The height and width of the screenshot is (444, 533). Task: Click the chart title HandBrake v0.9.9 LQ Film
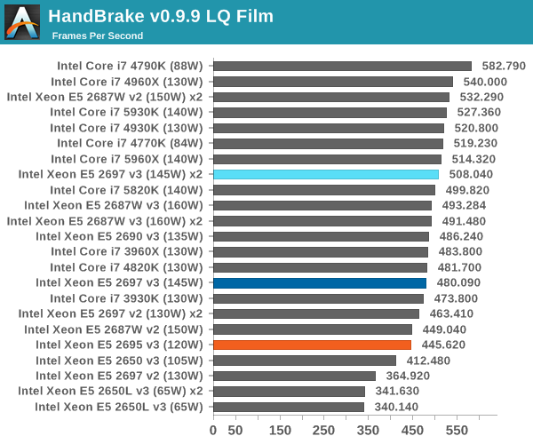click(x=161, y=16)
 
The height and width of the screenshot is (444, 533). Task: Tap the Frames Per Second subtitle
click(x=97, y=36)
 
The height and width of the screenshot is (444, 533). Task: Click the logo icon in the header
click(x=22, y=22)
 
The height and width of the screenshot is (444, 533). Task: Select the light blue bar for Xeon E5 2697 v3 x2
click(x=326, y=174)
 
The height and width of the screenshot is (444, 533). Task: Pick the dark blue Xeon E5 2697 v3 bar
click(x=320, y=282)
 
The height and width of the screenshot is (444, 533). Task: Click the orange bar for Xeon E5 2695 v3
click(x=312, y=345)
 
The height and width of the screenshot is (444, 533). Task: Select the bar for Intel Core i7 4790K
click(x=342, y=66)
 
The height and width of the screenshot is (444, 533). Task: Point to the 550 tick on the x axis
click(x=457, y=431)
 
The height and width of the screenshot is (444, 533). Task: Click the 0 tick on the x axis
click(x=213, y=431)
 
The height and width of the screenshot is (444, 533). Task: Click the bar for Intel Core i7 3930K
click(x=318, y=298)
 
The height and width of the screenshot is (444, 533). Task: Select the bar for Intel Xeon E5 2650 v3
click(x=305, y=361)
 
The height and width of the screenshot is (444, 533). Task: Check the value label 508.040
click(x=470, y=174)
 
